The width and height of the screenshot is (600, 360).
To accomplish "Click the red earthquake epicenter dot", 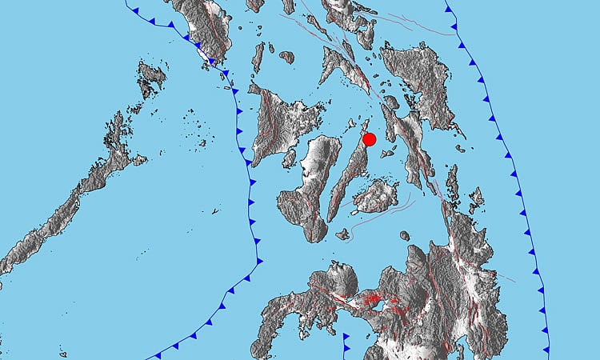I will coord(370,139).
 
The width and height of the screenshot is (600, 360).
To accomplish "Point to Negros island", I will coord(308,188).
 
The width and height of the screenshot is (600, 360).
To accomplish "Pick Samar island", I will coord(420,80).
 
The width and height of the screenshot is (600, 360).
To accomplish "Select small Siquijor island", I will coord(342,234).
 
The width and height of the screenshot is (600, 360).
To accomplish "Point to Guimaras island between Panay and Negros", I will coord(290,158).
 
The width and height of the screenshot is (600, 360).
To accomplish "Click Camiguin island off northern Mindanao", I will coord(405,236).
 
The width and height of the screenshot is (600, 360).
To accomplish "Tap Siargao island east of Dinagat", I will coord(477,199).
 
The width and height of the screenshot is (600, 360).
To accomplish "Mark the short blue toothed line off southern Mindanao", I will coord(346,344).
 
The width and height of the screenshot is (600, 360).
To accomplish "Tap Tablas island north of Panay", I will coord(258,58).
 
